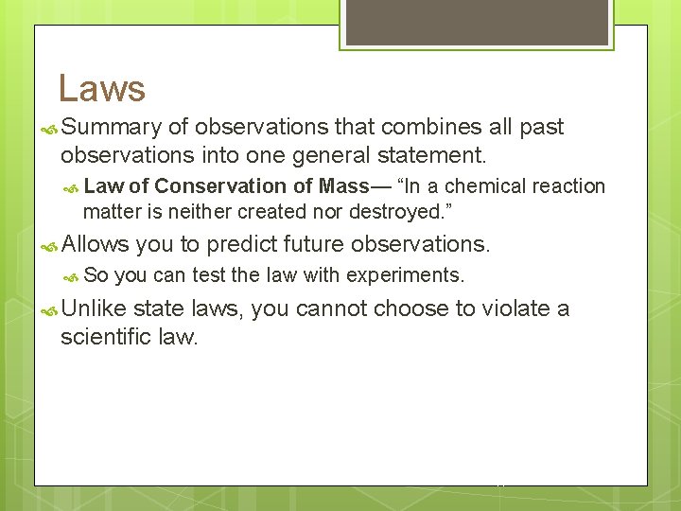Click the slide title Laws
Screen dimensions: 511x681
coord(101,88)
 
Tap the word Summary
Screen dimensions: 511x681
coord(113,127)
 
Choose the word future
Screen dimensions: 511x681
coord(314,244)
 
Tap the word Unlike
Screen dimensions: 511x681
coord(94,308)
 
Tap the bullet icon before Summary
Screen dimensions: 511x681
coord(49,128)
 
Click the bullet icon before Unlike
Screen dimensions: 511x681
coord(49,309)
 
